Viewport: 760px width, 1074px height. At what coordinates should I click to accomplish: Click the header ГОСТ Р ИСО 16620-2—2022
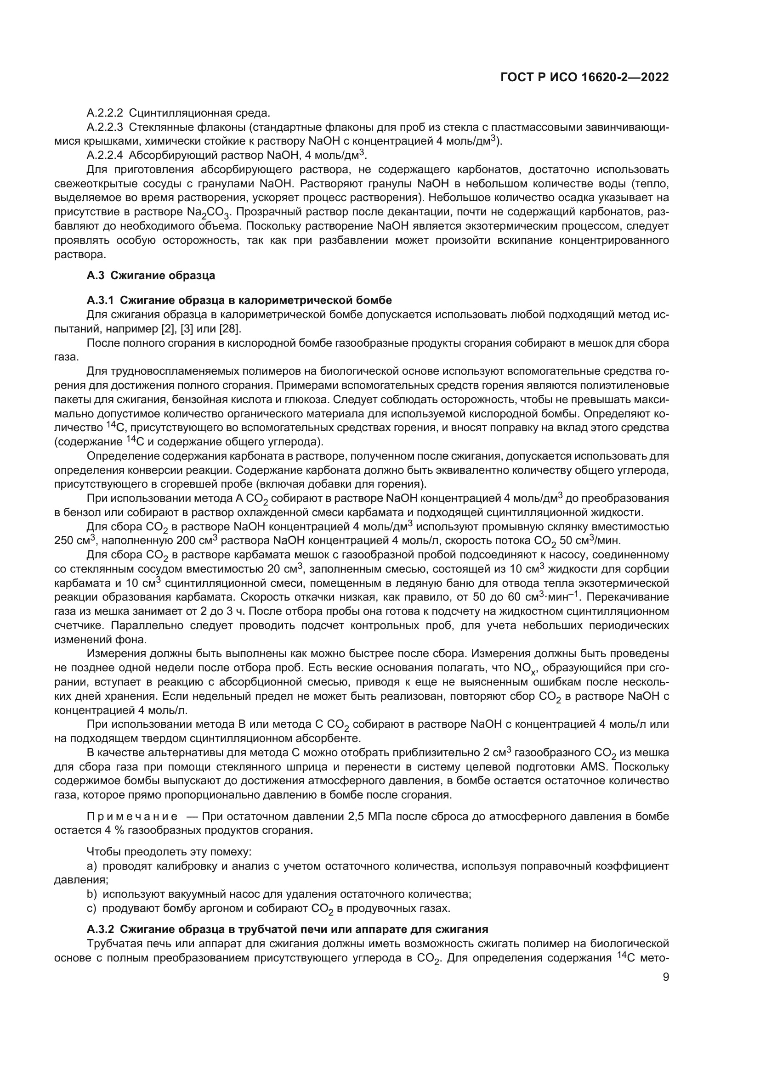pos(584,78)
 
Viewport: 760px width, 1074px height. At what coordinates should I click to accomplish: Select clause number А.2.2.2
pos(105,113)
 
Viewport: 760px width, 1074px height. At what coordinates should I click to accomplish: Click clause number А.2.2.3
pos(105,127)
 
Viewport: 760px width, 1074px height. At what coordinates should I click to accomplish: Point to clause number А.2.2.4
pos(105,156)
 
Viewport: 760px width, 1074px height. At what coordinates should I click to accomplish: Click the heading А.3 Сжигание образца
pos(151,276)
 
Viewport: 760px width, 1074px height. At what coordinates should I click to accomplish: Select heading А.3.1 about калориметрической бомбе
pos(239,300)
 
